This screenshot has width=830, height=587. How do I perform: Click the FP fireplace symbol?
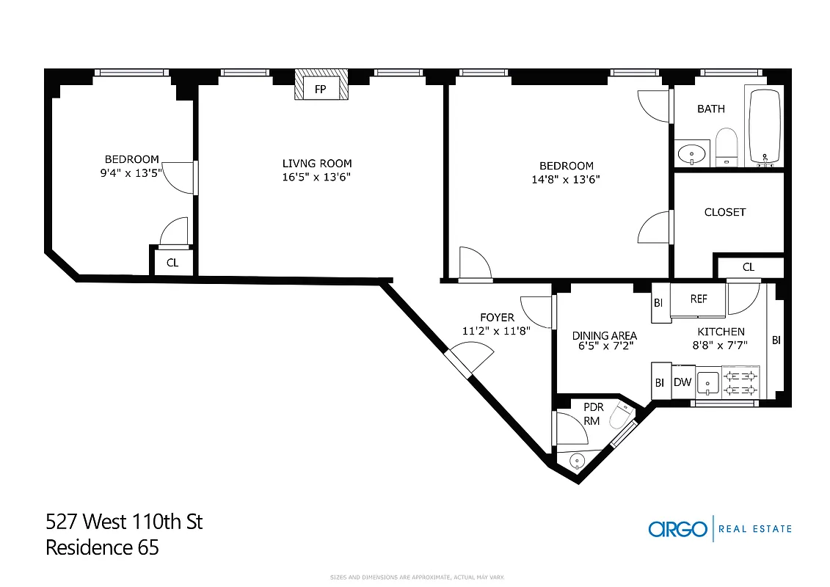point(321,88)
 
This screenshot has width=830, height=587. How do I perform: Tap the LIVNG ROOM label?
point(317,164)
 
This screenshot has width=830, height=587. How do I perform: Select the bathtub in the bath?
point(765,126)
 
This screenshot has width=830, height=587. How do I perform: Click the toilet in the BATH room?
point(726,147)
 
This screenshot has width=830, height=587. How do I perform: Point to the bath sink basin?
point(691,154)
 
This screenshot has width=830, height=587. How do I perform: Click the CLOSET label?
point(724,212)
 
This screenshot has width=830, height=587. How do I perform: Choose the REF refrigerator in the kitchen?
point(698,299)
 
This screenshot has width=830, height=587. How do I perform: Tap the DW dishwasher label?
point(682,382)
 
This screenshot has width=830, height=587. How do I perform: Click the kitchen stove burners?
point(740,382)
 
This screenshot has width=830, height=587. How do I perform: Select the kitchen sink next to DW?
point(708,382)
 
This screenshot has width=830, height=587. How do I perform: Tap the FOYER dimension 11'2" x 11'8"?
point(497,330)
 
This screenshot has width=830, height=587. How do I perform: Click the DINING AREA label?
point(604,336)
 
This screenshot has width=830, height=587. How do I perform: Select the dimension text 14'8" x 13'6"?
point(566,179)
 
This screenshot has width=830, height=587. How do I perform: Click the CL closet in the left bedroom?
point(172,262)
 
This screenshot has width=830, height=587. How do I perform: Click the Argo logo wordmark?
point(677,528)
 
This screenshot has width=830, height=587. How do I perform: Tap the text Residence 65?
point(102,547)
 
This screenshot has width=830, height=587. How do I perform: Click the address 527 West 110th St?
point(124,522)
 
